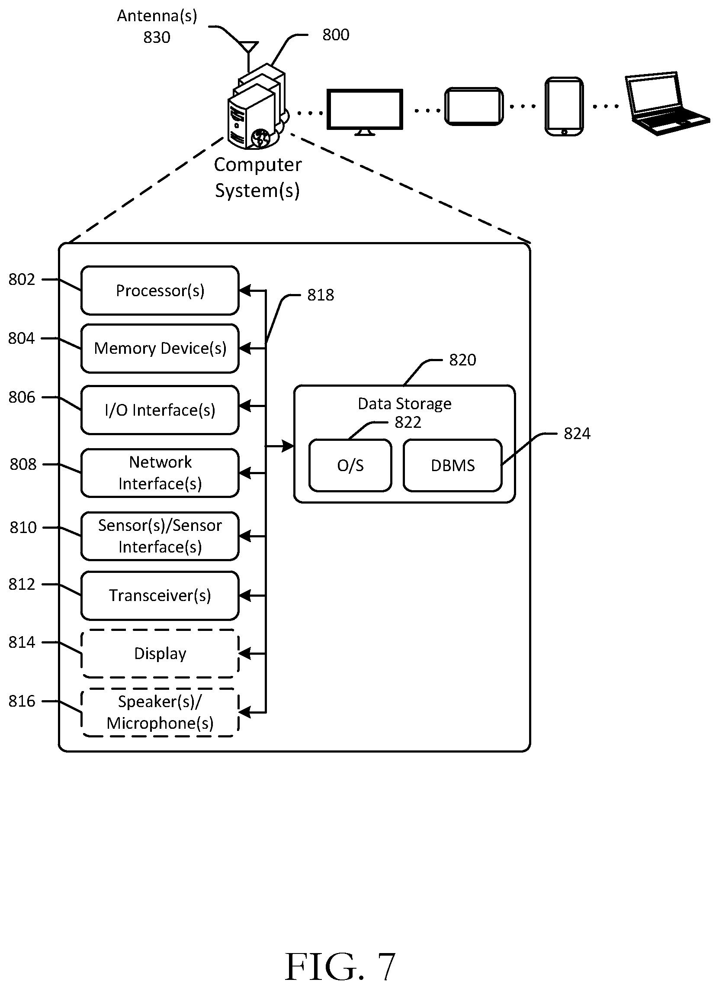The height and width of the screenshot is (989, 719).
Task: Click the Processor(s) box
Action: (x=160, y=291)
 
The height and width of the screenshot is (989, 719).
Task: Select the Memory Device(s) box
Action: (x=160, y=349)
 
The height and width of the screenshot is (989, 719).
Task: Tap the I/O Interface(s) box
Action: (x=160, y=410)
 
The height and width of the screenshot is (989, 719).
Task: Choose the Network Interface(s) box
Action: (x=160, y=473)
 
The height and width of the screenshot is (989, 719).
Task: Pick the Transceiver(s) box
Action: (x=160, y=596)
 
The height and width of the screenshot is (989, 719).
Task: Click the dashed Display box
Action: (x=160, y=654)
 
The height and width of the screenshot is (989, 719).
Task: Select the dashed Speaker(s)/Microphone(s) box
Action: (x=160, y=713)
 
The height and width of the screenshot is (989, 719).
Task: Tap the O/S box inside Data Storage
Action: (x=350, y=465)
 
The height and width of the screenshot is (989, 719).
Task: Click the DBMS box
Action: (x=453, y=465)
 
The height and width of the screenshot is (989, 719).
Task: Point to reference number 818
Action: (x=321, y=295)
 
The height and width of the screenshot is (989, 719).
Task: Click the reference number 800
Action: (x=336, y=35)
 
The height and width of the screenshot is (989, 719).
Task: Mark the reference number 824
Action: (x=577, y=434)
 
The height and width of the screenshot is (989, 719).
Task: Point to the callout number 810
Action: (x=22, y=528)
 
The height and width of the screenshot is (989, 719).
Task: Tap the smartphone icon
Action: (x=564, y=107)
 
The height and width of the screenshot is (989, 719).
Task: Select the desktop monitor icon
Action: (x=365, y=112)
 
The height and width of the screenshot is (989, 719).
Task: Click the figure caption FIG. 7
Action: (x=340, y=967)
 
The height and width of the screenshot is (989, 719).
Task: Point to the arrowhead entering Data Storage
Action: (x=288, y=446)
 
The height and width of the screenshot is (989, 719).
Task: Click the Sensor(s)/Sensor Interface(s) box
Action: (x=160, y=537)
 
